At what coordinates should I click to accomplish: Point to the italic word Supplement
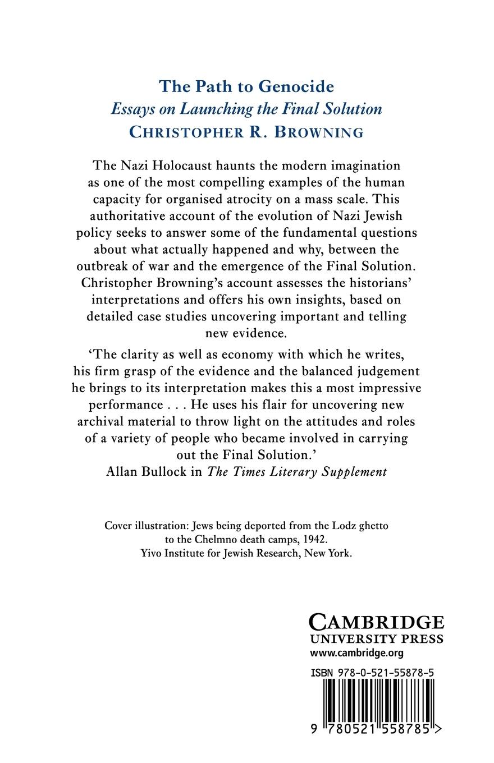pyautogui.click(x=354, y=471)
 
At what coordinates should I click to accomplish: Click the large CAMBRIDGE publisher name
pyautogui.click(x=376, y=622)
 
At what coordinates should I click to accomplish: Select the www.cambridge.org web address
pyautogui.click(x=356, y=653)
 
